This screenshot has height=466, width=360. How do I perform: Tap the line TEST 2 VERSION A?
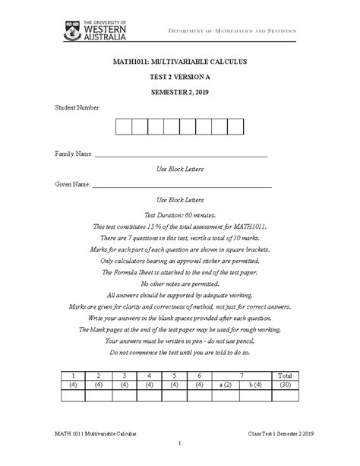point(179,78)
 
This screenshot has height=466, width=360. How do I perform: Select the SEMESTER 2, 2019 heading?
point(179,93)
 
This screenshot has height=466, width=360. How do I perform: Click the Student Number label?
point(77,109)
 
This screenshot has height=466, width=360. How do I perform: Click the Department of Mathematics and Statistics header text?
point(243,30)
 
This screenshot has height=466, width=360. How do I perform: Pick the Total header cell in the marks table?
point(285,376)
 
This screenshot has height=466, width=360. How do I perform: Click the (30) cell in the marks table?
point(285,385)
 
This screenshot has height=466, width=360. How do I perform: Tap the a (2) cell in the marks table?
point(225,385)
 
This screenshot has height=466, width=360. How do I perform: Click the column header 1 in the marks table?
point(74,376)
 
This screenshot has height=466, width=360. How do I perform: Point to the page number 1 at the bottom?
point(179,443)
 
